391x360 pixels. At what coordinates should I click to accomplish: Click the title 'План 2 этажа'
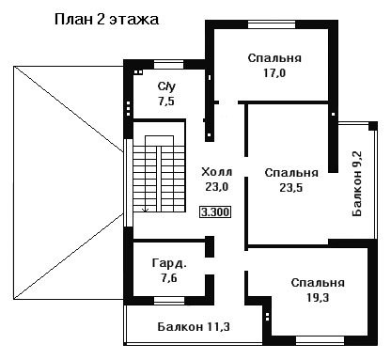(106, 20)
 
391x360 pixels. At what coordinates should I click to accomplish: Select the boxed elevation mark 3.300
(215, 212)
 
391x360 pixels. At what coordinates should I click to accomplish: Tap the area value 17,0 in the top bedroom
(274, 73)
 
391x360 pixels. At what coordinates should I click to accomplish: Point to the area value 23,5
(291, 187)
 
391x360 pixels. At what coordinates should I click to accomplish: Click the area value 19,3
(318, 297)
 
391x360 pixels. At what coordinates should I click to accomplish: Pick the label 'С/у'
(166, 86)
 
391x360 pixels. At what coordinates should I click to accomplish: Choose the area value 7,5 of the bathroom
(166, 102)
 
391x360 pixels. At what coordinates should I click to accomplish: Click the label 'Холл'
(217, 172)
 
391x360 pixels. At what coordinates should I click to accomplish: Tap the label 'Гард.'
(169, 263)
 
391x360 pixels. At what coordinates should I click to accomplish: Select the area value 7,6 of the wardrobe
(169, 278)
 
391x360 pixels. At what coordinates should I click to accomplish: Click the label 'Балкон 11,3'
(194, 327)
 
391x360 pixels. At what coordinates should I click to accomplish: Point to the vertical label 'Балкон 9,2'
(357, 183)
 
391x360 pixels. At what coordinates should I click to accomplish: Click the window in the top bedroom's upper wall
(272, 24)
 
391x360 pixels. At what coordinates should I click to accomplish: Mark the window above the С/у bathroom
(168, 64)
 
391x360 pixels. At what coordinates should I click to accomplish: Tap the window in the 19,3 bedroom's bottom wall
(320, 340)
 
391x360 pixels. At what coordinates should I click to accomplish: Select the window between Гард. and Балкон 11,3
(169, 301)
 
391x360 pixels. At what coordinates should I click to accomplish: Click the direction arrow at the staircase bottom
(145, 210)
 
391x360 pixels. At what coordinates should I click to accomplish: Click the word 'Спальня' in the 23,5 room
(291, 173)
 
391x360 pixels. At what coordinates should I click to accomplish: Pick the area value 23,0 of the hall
(217, 187)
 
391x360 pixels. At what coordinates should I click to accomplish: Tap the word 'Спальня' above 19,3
(318, 283)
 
